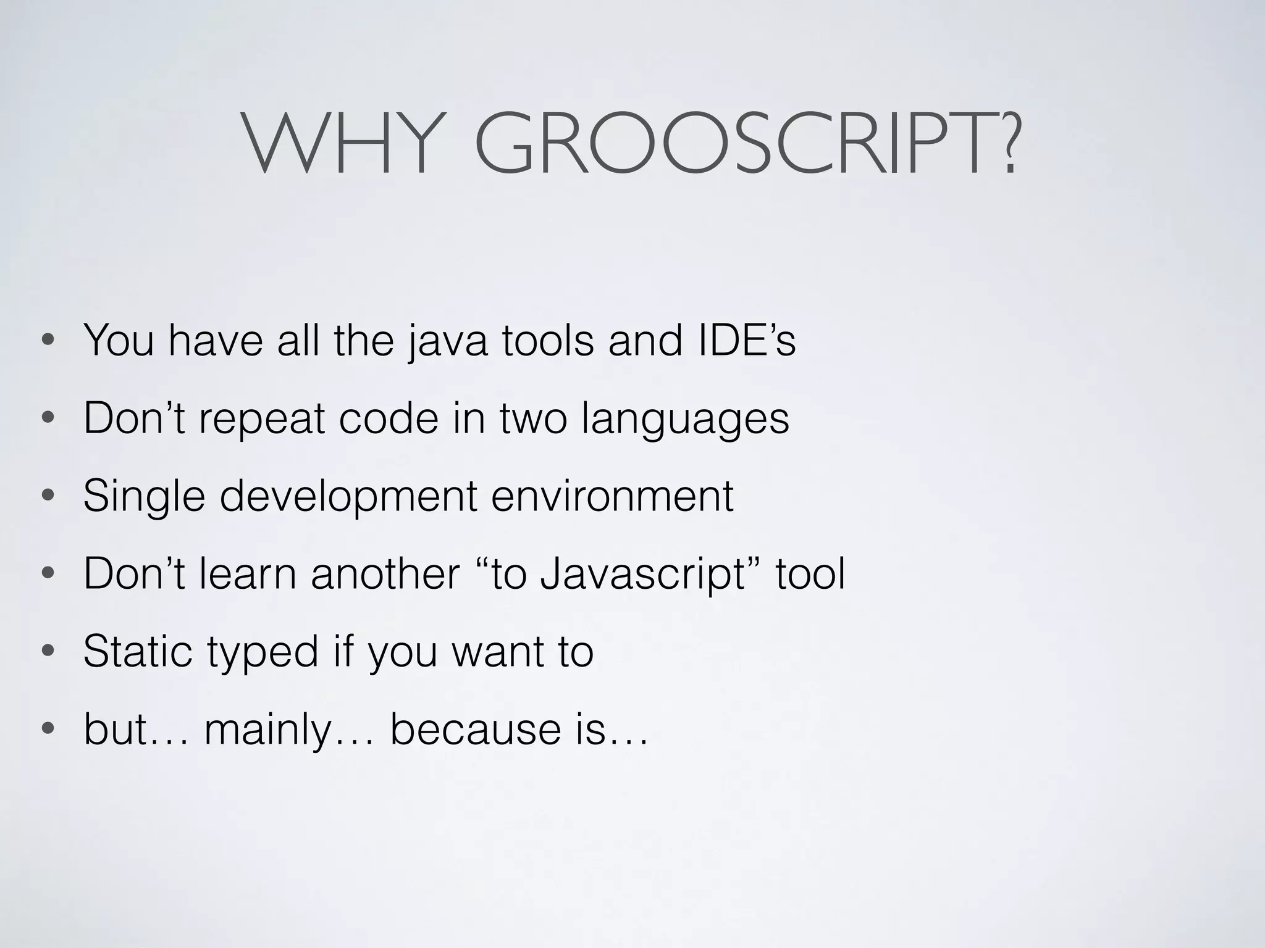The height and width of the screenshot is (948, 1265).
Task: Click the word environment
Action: (x=612, y=496)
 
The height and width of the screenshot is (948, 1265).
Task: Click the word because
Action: (x=476, y=730)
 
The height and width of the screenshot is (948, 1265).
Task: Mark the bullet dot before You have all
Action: (x=47, y=341)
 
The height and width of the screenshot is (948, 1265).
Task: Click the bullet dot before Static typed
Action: (x=47, y=652)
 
